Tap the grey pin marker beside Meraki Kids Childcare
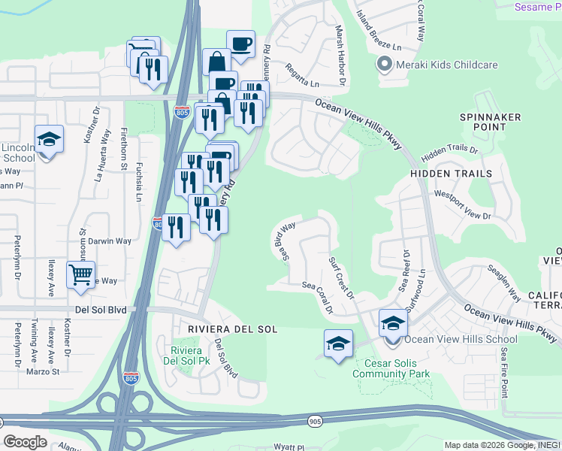pos(385,65)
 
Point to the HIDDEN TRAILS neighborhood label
pos(451,174)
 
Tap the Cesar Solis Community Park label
pos(391,368)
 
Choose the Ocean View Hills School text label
pos(451,340)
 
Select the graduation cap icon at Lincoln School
pos(49,139)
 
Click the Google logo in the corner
pos(25,441)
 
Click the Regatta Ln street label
pos(302,75)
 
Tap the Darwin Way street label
pos(110,241)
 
